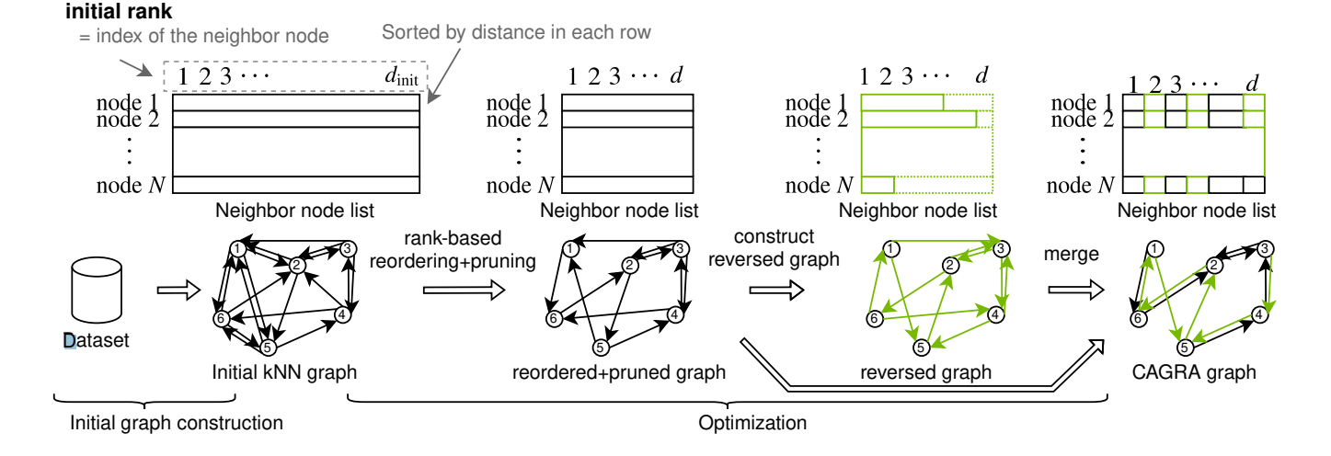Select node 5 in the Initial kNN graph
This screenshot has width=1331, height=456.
click(x=268, y=347)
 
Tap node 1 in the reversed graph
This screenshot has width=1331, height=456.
click(x=890, y=248)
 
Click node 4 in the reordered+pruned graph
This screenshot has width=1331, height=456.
click(x=676, y=315)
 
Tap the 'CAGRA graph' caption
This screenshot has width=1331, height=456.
click(x=1193, y=372)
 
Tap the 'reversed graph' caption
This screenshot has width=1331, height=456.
click(x=926, y=372)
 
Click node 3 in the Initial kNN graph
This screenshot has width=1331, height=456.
click(x=348, y=249)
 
